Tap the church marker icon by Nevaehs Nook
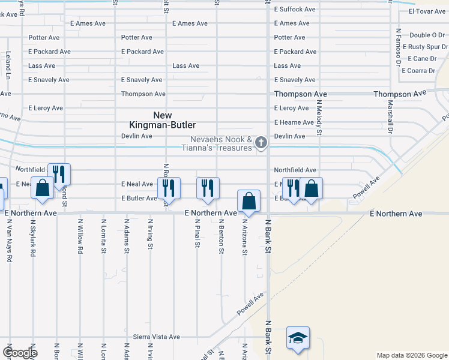pyautogui.click(x=261, y=142)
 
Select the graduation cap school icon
pyautogui.click(x=298, y=337)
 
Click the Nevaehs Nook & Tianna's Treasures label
pyautogui.click(x=220, y=143)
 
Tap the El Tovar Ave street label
pyautogui.click(x=427, y=11)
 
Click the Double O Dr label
pyautogui.click(x=429, y=35)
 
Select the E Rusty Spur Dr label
pyautogui.click(x=425, y=47)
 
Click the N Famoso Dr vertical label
pyautogui.click(x=398, y=46)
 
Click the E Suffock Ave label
pyautogui.click(x=295, y=10)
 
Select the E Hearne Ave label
pyautogui.click(x=294, y=122)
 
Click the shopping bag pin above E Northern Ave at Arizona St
pyautogui.click(x=249, y=201)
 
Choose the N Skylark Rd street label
pyautogui.click(x=33, y=241)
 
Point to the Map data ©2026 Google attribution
pyautogui.click(x=411, y=355)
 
